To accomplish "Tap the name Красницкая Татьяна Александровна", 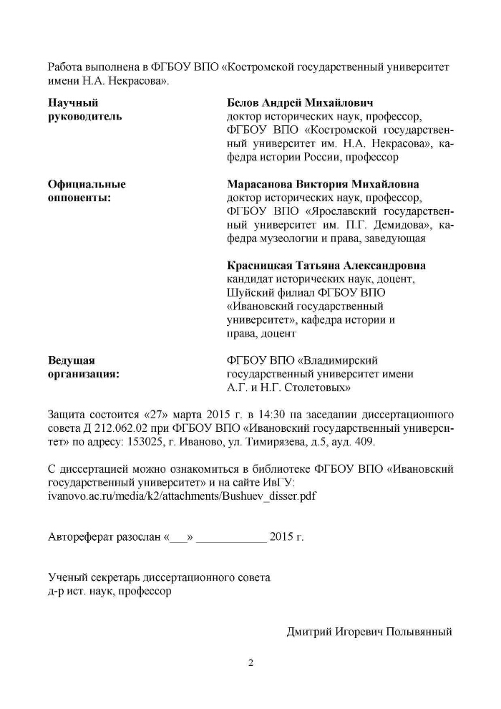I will [326, 265].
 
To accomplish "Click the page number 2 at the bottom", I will [250, 662].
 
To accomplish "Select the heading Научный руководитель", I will [84, 109].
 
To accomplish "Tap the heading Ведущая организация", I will [83, 367].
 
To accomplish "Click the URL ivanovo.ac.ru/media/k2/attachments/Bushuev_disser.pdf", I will [183, 495].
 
